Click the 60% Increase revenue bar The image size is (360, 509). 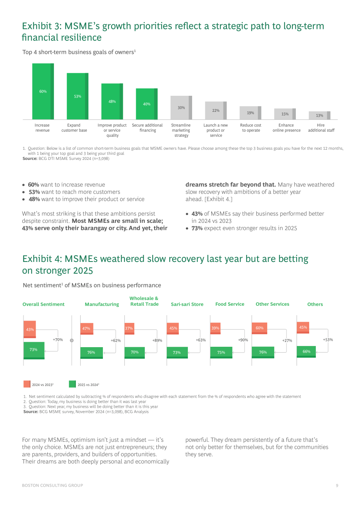[x=43, y=91]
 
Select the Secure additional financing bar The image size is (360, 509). [x=147, y=104]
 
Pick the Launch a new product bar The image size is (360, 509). [x=216, y=110]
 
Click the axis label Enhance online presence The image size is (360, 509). [x=286, y=128]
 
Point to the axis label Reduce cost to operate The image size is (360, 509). [x=250, y=128]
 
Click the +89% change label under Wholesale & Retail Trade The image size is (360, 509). [x=157, y=341]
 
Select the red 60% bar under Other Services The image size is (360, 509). [x=259, y=328]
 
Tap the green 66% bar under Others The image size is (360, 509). [x=306, y=351]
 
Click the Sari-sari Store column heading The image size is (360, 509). [x=187, y=304]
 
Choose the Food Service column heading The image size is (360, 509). [x=230, y=304]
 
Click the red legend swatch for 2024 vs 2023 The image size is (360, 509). [x=27, y=384]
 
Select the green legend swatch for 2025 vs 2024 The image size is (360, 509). [x=72, y=384]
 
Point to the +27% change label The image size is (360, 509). [x=287, y=341]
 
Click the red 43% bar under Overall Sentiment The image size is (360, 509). [x=30, y=330]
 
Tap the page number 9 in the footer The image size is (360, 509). [x=337, y=486]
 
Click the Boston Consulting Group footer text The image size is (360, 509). [x=52, y=486]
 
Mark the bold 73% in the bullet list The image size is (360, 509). [x=197, y=228]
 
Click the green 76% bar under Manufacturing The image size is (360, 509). [x=92, y=353]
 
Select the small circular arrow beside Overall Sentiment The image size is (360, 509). [x=72, y=341]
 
